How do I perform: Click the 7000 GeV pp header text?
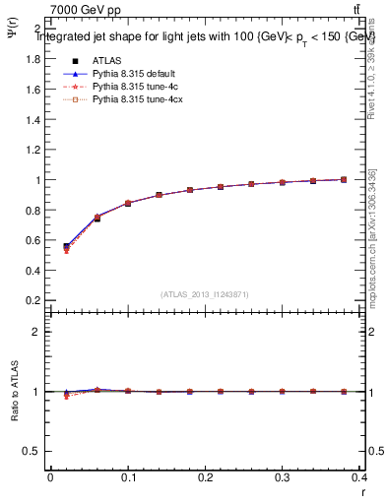pyautogui.click(x=87, y=11)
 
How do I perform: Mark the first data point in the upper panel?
pyautogui.click(x=67, y=246)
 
